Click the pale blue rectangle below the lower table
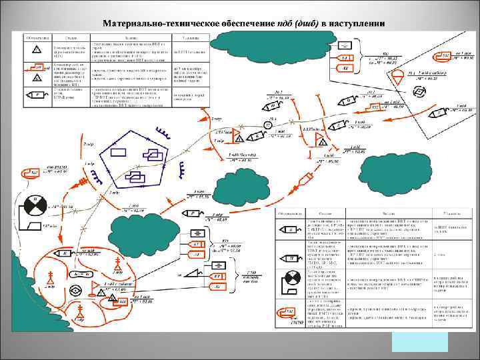(x=419, y=341)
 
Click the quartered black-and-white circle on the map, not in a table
(x=34, y=203)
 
